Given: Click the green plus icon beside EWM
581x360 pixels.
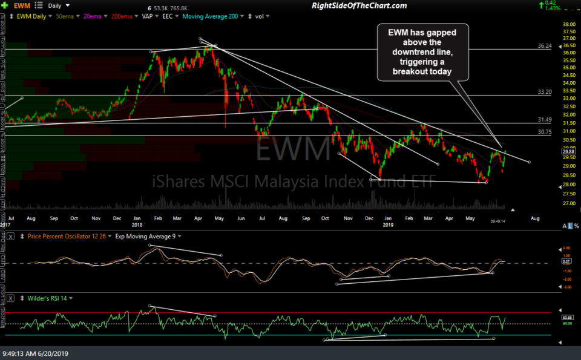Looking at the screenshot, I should pyautogui.click(x=5, y=5).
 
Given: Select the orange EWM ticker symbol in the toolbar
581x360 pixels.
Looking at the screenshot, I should pyautogui.click(x=21, y=5).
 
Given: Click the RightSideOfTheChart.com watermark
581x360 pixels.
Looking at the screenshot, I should pyautogui.click(x=359, y=5).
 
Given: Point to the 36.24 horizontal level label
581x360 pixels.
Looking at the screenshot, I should pyautogui.click(x=544, y=46).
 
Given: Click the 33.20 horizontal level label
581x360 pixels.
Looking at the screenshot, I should pyautogui.click(x=544, y=93).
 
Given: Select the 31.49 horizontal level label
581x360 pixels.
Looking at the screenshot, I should pyautogui.click(x=544, y=120).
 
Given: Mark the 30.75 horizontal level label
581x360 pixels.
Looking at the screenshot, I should pyautogui.click(x=544, y=132).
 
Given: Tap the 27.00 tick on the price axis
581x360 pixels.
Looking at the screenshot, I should pyautogui.click(x=570, y=204).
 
